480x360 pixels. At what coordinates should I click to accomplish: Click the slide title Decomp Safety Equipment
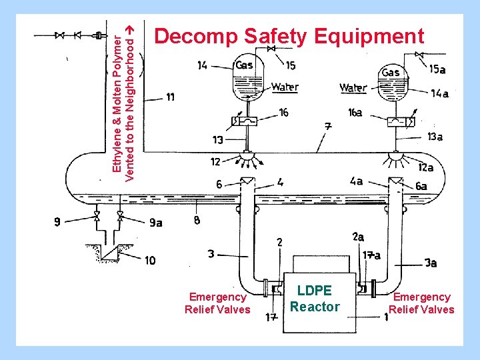click(x=289, y=36)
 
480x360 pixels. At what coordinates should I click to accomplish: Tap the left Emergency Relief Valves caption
click(x=217, y=303)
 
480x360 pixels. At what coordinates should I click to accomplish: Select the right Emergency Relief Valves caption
click(x=421, y=303)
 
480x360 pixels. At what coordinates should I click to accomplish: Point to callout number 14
click(x=202, y=65)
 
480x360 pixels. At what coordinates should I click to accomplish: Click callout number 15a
click(x=437, y=69)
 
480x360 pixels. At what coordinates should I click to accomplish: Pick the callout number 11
click(x=171, y=97)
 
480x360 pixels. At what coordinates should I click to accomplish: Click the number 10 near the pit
click(x=151, y=261)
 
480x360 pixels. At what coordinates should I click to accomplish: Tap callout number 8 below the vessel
click(x=197, y=221)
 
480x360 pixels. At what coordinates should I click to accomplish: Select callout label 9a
click(x=155, y=223)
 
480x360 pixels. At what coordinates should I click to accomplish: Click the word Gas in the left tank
click(x=244, y=65)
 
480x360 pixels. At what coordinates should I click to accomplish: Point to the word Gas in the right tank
click(x=391, y=72)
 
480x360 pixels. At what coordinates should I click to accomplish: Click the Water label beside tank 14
click(x=285, y=87)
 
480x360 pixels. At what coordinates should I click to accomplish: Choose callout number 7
click(x=327, y=125)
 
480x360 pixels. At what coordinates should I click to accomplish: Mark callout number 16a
click(x=355, y=113)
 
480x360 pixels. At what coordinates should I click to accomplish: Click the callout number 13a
click(x=435, y=137)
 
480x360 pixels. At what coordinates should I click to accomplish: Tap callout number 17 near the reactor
click(x=271, y=317)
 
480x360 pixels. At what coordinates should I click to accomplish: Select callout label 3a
click(x=430, y=263)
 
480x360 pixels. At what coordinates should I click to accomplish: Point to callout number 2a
click(x=357, y=236)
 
